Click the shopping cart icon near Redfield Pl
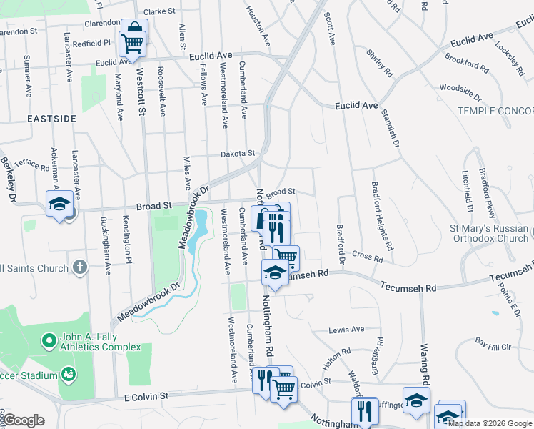[133, 41]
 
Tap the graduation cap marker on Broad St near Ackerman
[59, 204]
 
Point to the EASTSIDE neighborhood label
[51, 118]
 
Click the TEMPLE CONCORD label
[495, 111]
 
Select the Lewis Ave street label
[346, 330]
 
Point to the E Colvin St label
[146, 395]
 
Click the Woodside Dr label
[460, 89]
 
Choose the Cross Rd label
[368, 255]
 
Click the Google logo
[24, 420]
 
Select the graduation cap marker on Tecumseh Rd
[274, 272]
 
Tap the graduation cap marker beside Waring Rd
[416, 400]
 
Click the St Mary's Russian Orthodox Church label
[489, 233]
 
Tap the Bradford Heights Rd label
[382, 214]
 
